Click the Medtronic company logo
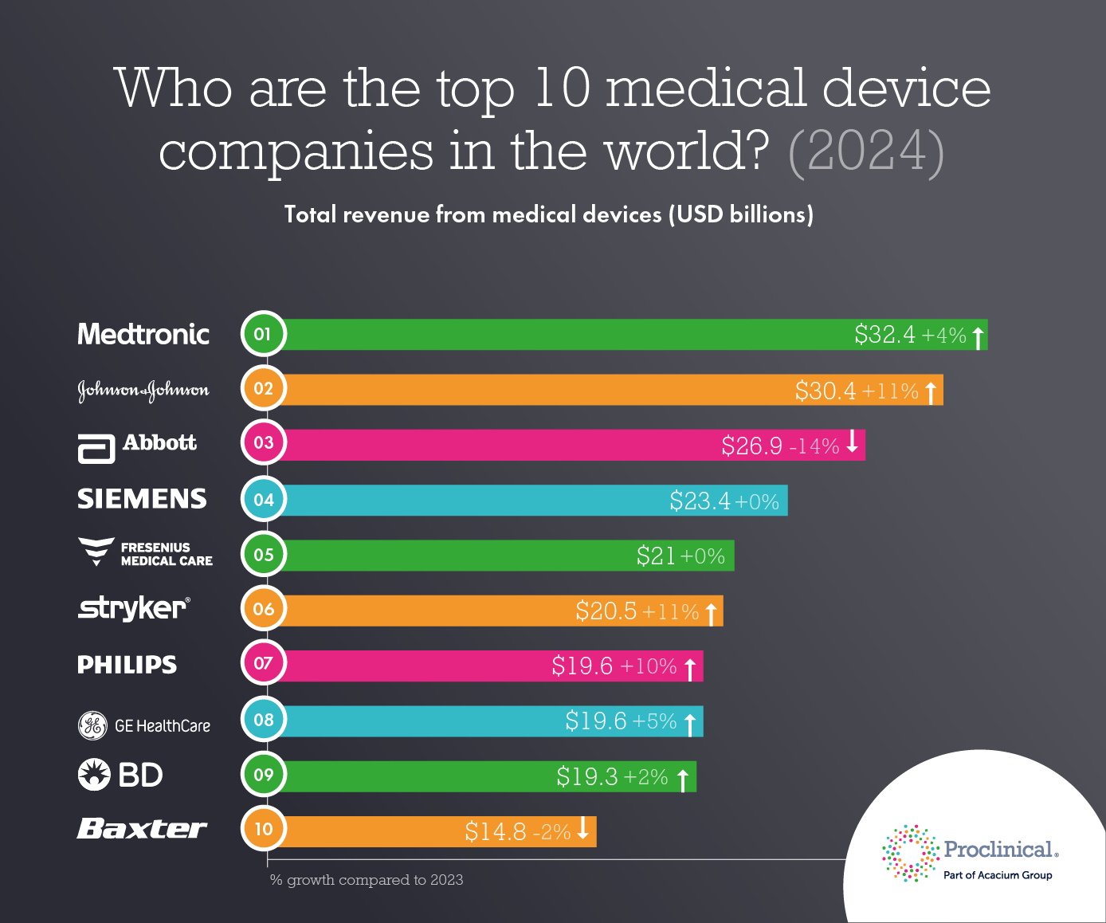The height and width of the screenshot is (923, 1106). [x=143, y=334]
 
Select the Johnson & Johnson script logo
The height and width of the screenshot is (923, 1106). [x=143, y=390]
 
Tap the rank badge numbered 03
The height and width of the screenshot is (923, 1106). [x=263, y=443]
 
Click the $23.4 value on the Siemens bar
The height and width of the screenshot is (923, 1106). [x=700, y=501]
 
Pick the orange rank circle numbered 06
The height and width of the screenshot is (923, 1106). [x=263, y=609]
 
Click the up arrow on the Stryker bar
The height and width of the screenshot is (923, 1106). [x=711, y=613]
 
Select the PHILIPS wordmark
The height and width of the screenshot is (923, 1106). [x=127, y=665]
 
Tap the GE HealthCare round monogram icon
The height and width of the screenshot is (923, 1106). [x=92, y=725]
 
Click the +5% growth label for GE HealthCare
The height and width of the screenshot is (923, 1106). [x=653, y=721]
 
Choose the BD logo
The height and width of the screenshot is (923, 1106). [x=120, y=775]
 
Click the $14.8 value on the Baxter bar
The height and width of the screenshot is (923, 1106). [x=496, y=831]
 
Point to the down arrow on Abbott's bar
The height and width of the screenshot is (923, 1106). [x=852, y=442]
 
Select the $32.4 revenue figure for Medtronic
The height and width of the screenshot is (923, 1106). [x=884, y=334]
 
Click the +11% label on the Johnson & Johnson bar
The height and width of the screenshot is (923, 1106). [x=890, y=391]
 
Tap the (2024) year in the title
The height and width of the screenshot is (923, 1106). [x=865, y=151]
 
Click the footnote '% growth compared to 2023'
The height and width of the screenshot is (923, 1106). [x=367, y=880]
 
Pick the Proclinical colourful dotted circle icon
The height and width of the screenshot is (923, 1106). [x=910, y=854]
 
